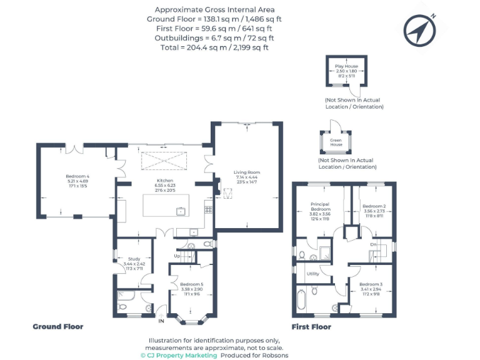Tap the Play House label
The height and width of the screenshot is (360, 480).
pos(347,66)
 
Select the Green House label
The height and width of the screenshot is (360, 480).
pos(336,142)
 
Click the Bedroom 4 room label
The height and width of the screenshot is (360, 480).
pos(77,176)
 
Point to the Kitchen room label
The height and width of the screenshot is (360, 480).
pos(164,181)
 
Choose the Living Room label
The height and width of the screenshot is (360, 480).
pos(247,172)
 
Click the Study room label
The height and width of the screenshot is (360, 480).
pos(134,258)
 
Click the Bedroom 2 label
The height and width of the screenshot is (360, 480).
pos(374,206)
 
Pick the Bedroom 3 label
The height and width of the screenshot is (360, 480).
pos(370,285)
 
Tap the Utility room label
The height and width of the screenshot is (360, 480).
pos(313,274)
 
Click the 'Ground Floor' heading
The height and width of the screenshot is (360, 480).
pos(57,326)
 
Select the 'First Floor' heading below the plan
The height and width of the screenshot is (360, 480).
pos(311,326)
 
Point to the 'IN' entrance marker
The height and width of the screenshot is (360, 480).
pos(161,321)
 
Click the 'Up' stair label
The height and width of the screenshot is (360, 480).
pos(177,256)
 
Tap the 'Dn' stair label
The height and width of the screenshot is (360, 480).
pos(372,244)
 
